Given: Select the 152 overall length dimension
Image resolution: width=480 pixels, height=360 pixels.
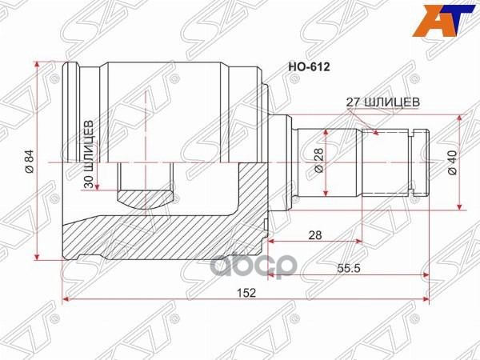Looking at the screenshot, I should (247, 293).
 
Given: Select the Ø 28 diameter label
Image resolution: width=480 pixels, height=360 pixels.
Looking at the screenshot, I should (318, 162).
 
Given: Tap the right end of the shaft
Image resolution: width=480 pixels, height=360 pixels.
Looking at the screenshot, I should (426, 162).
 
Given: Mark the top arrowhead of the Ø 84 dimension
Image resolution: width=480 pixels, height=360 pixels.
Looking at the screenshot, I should (38, 65).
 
